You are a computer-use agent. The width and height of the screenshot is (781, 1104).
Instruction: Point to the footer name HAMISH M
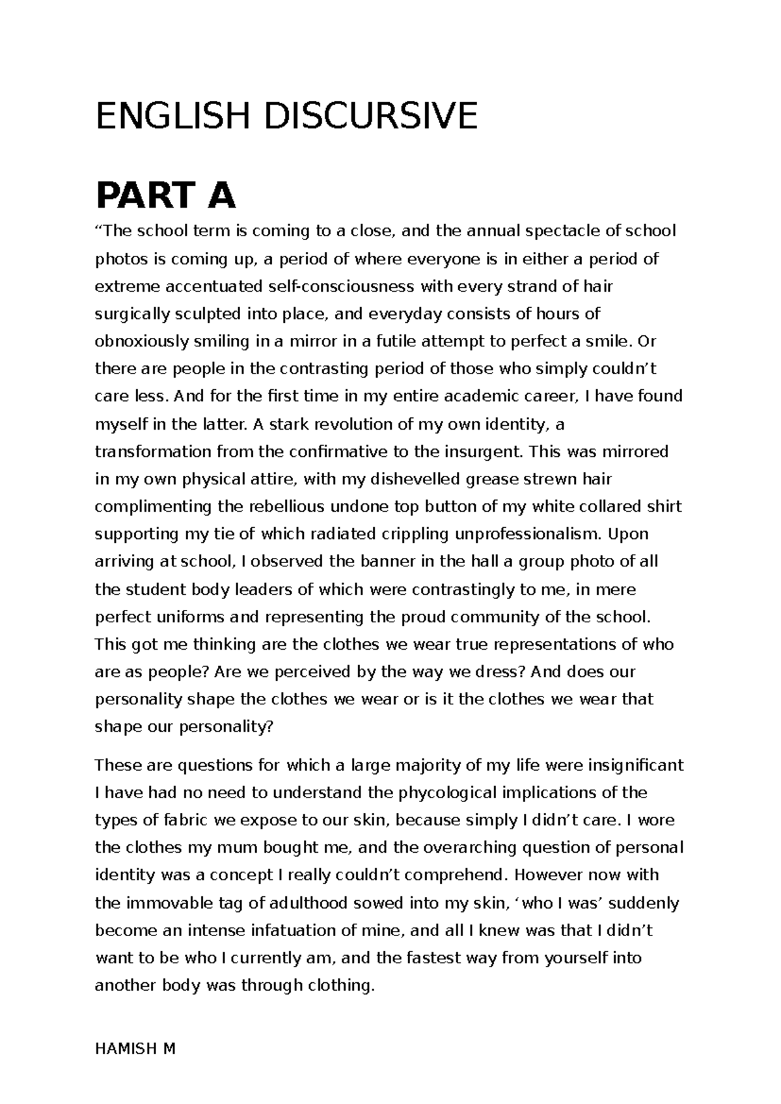[135, 1049]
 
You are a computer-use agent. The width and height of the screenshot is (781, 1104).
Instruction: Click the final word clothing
[340, 986]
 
